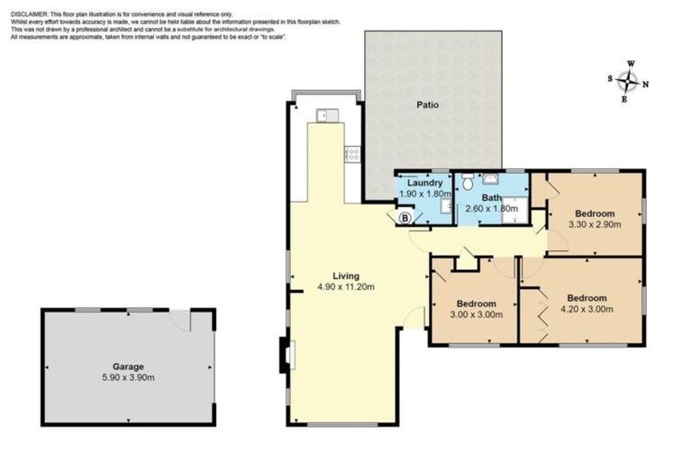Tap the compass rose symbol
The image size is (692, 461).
pos(628,81)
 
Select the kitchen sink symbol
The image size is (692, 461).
pos(327,114)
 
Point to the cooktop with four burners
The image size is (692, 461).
pos(351,154)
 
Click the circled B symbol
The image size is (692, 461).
pos(405,217)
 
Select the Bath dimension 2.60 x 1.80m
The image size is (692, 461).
pos(491,208)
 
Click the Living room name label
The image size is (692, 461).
pos(345,276)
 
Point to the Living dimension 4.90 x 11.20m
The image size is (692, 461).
pos(345,287)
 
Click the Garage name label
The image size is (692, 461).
pos(127,366)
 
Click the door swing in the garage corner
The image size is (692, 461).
pos(182,321)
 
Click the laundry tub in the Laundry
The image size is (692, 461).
pos(445,206)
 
